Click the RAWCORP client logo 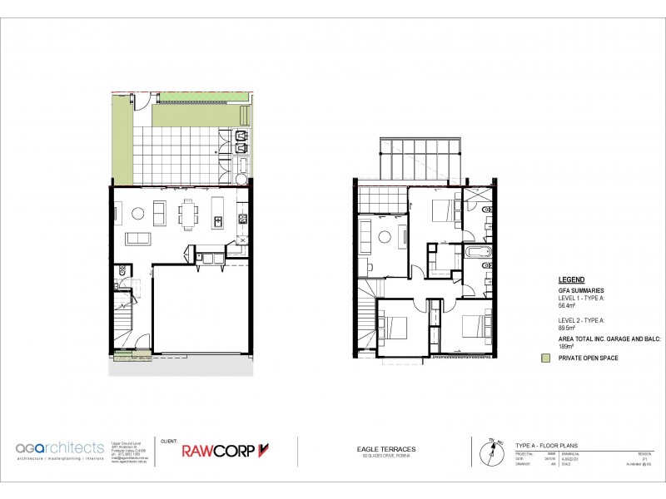(226, 451)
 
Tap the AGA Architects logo (60, 450)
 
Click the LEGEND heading (571, 280)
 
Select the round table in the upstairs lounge (385, 237)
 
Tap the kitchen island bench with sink (218, 213)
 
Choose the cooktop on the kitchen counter (244, 220)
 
